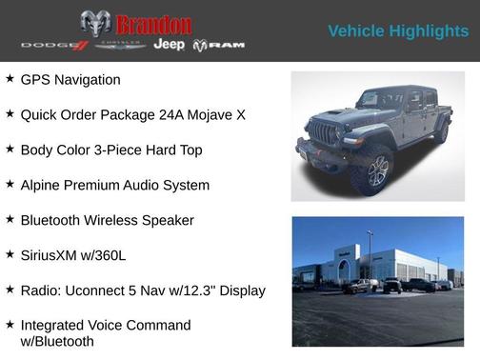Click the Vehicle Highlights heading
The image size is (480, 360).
398,31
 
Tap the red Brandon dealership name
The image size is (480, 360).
153,24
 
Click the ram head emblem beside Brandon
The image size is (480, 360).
95,24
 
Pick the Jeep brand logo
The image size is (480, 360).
170,45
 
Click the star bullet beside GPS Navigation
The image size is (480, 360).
10,79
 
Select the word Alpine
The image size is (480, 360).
43,185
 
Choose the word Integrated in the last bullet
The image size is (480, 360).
58,326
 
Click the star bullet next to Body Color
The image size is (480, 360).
10,150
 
